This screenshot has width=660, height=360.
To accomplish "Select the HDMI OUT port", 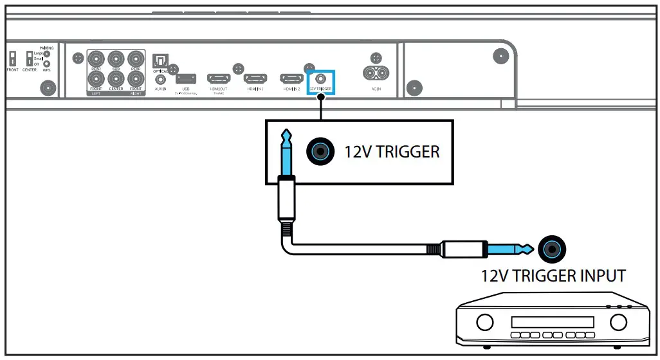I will (x=218, y=78).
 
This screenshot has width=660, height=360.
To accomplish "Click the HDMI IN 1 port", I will (x=255, y=78).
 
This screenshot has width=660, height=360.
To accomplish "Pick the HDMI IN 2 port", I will (x=291, y=78).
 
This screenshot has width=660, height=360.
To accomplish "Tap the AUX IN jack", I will (x=160, y=79).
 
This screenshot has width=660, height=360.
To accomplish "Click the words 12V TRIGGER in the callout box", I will (x=392, y=152).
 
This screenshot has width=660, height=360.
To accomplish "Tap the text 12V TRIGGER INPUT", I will (x=553, y=276).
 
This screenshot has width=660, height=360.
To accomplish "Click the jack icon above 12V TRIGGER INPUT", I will (x=553, y=249).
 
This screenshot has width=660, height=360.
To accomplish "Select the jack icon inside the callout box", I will (x=320, y=152).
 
